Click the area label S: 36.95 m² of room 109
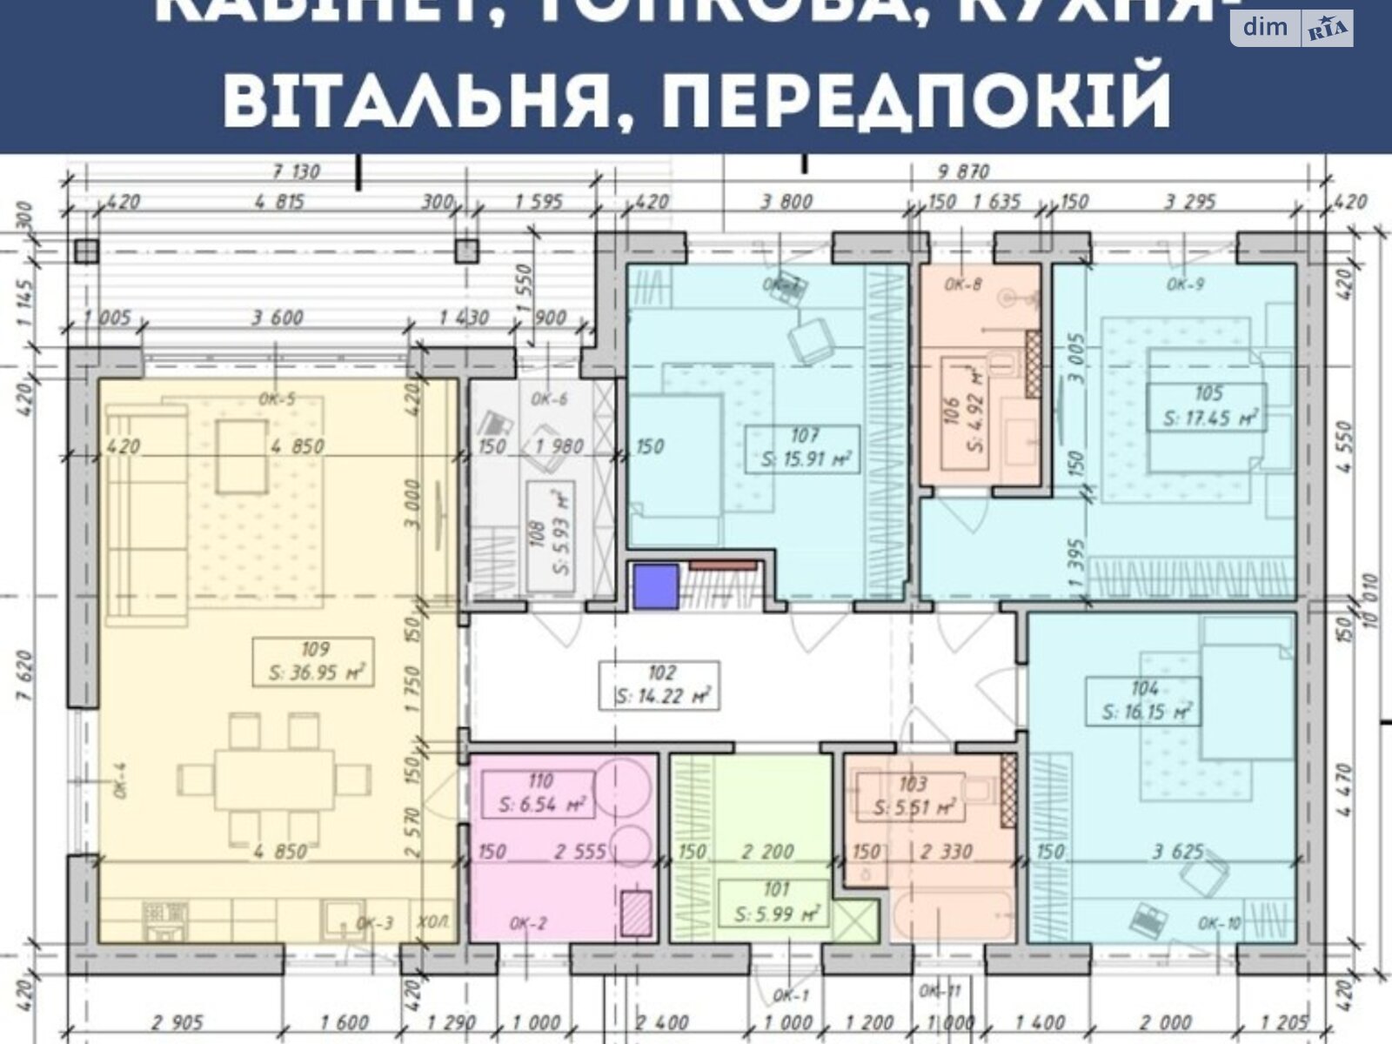coord(314,673)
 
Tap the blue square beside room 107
coord(655,586)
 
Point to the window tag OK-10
coord(1219,923)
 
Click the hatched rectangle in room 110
coord(636,913)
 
